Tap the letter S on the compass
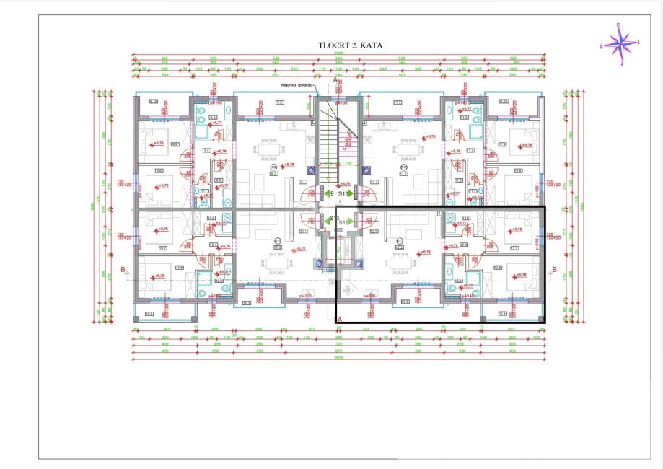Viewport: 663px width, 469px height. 619,25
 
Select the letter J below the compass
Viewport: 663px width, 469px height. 621,63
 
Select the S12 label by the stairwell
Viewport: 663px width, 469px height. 344,223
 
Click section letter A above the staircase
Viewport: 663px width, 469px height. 335,79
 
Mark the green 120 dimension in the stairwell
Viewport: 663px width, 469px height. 347,165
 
